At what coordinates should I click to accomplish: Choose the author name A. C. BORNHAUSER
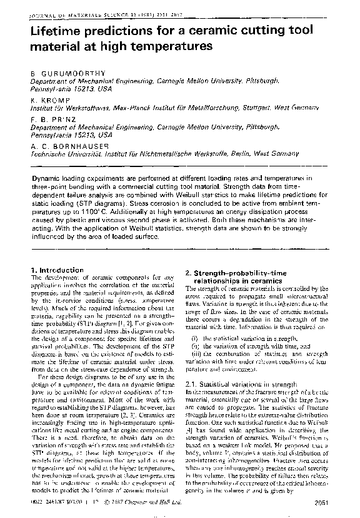pyautogui.click(x=71, y=145)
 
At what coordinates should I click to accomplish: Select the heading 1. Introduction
pyautogui.click(x=57, y=270)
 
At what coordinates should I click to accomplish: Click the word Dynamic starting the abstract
pyautogui.click(x=49, y=178)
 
